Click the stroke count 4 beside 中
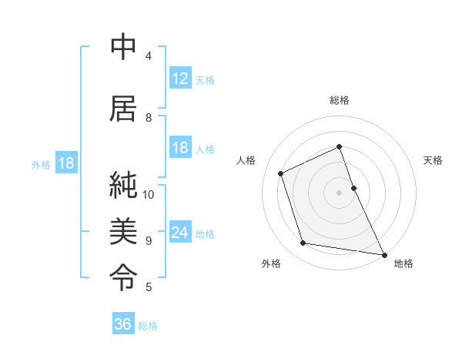[x=149, y=56]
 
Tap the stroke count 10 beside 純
[x=149, y=194]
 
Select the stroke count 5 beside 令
[x=149, y=287]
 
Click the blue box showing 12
[x=180, y=79]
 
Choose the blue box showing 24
[x=180, y=233]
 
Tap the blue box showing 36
[x=123, y=324]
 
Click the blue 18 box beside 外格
[x=65, y=163]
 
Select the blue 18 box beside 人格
[x=180, y=148]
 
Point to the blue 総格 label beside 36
[x=148, y=326]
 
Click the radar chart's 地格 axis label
[x=403, y=263]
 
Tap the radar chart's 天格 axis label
[x=433, y=160]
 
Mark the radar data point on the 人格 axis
[x=281, y=173]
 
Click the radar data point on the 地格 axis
[x=383, y=253]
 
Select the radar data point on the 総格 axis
[x=340, y=146]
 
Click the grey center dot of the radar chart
[x=340, y=193]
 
